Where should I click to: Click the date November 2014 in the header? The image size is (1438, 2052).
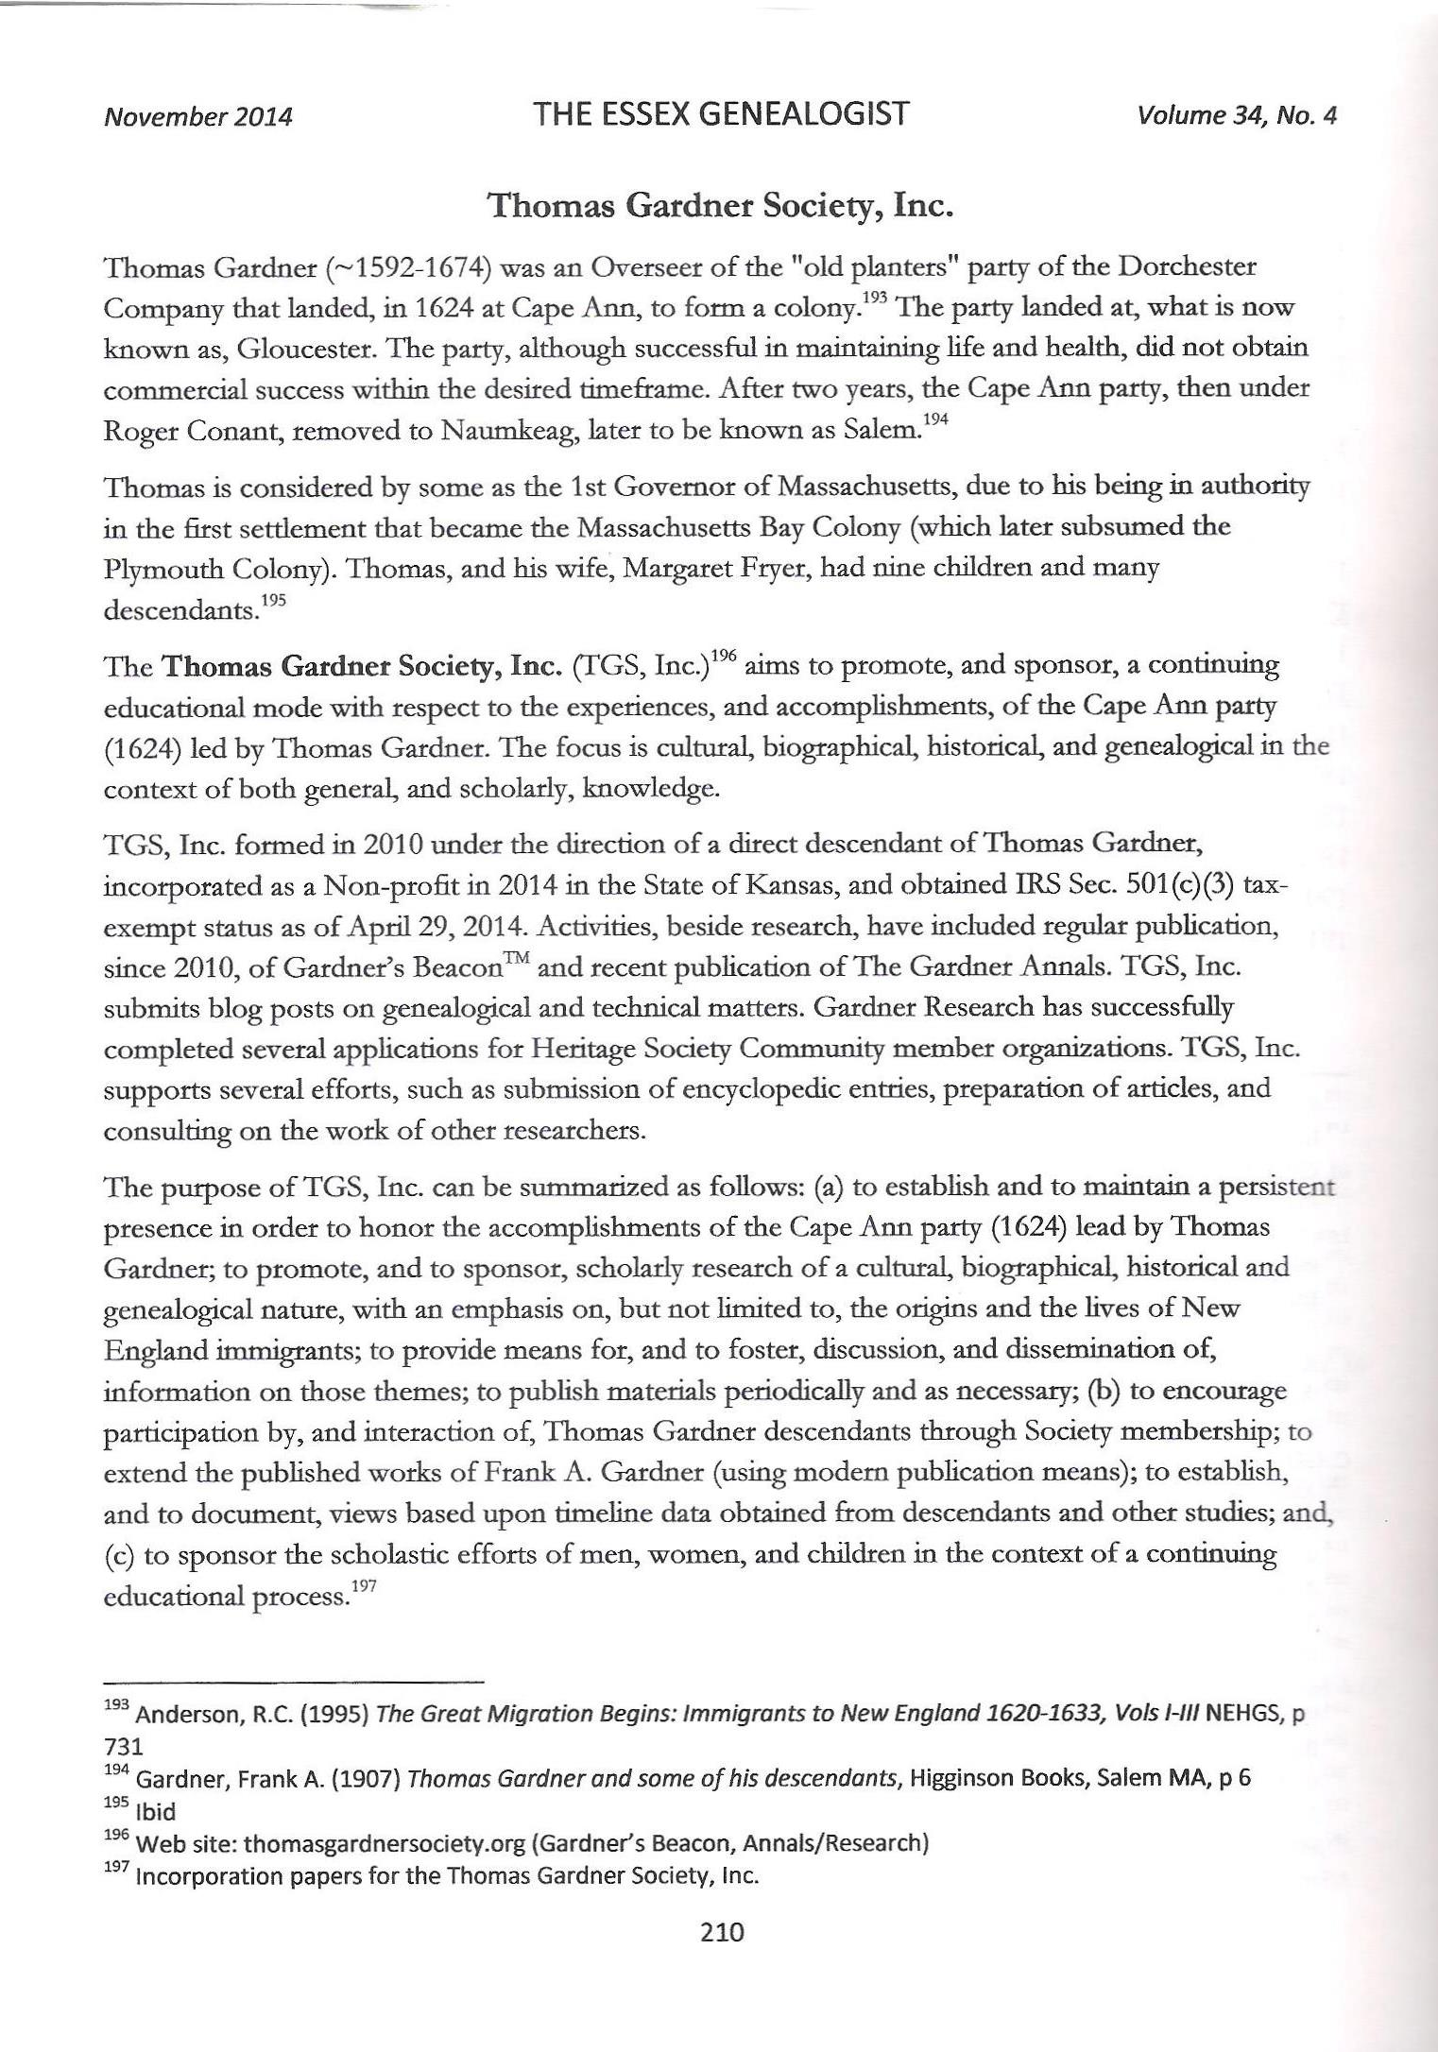197,116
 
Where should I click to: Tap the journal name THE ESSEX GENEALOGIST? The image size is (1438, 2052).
720,114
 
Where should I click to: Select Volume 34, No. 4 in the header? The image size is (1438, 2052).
1237,115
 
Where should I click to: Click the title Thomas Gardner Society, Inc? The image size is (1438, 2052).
719,205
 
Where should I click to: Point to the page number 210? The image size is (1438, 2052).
723,1931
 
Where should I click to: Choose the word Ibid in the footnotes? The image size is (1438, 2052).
157,1811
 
